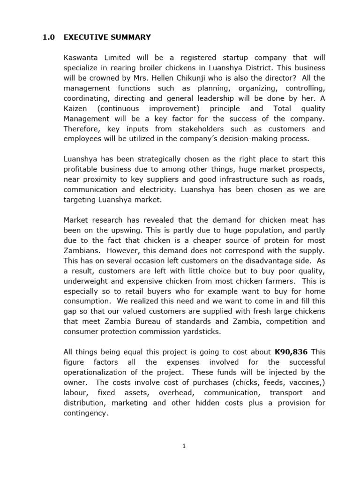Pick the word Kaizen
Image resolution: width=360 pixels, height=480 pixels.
point(75,108)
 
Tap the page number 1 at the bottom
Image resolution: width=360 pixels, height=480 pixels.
point(184,446)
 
